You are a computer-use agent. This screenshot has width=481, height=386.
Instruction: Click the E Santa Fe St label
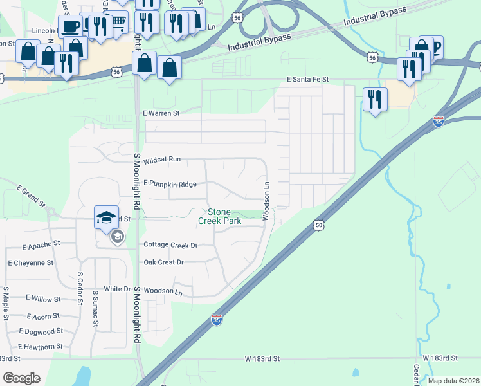(x=307, y=79)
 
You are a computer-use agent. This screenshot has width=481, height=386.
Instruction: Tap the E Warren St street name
(x=160, y=113)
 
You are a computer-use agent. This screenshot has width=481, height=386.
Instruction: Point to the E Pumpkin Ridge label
(x=170, y=184)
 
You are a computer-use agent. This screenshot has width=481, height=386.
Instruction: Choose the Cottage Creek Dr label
(x=170, y=245)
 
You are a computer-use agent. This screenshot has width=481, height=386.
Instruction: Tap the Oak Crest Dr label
(x=163, y=262)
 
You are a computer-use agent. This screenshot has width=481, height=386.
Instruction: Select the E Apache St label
(x=41, y=246)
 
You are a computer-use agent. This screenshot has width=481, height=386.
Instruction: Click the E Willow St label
(x=43, y=299)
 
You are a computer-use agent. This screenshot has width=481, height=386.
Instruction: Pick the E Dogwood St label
(x=41, y=331)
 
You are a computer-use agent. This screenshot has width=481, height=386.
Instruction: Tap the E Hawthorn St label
(x=41, y=347)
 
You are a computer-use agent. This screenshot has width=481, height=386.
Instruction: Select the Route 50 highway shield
(x=319, y=225)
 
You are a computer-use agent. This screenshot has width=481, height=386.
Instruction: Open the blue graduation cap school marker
(x=107, y=217)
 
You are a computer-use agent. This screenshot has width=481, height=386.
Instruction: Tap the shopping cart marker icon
(x=118, y=24)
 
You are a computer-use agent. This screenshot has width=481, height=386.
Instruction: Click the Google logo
(x=21, y=378)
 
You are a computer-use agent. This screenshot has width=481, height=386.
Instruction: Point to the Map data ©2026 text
(x=453, y=381)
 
